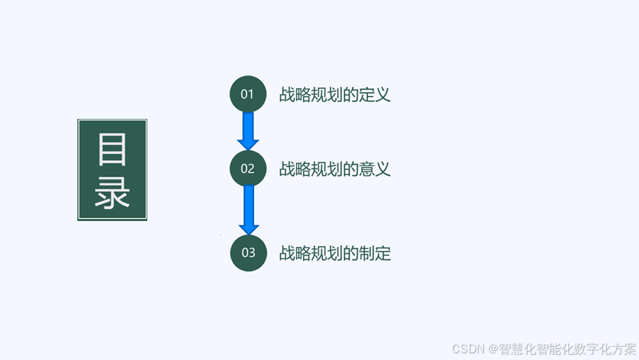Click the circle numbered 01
pos(247,94)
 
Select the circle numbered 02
pos(247,169)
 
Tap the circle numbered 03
pos(248,253)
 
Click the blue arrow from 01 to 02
pos(248,131)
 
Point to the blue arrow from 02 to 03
pos(248,210)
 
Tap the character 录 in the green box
pos(112,192)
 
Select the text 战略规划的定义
pos(335,95)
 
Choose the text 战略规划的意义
pos(335,169)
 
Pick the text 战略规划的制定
pos(335,254)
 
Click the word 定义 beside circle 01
pos(375,95)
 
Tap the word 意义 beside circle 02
pos(375,169)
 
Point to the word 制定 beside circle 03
pos(375,254)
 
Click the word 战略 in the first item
pos(295,95)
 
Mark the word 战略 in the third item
pos(295,254)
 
